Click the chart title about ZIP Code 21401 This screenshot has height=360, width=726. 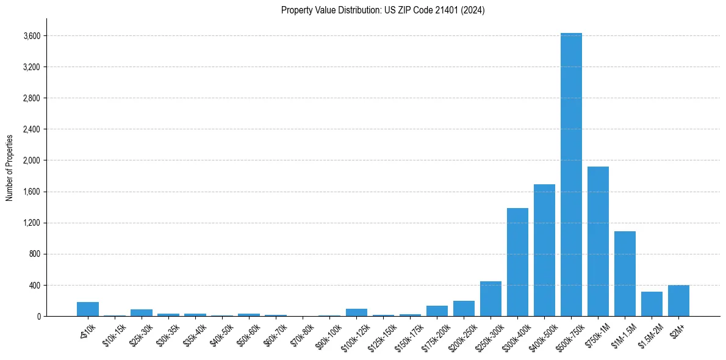click(x=383, y=10)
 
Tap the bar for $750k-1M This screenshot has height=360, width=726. click(x=598, y=241)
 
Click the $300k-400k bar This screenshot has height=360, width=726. click(x=517, y=262)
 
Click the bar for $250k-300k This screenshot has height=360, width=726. click(x=491, y=298)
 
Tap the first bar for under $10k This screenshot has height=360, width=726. click(x=88, y=309)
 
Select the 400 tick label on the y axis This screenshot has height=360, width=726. click(x=35, y=285)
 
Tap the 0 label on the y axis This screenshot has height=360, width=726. click(x=38, y=316)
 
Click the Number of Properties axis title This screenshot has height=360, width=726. click(x=10, y=167)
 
